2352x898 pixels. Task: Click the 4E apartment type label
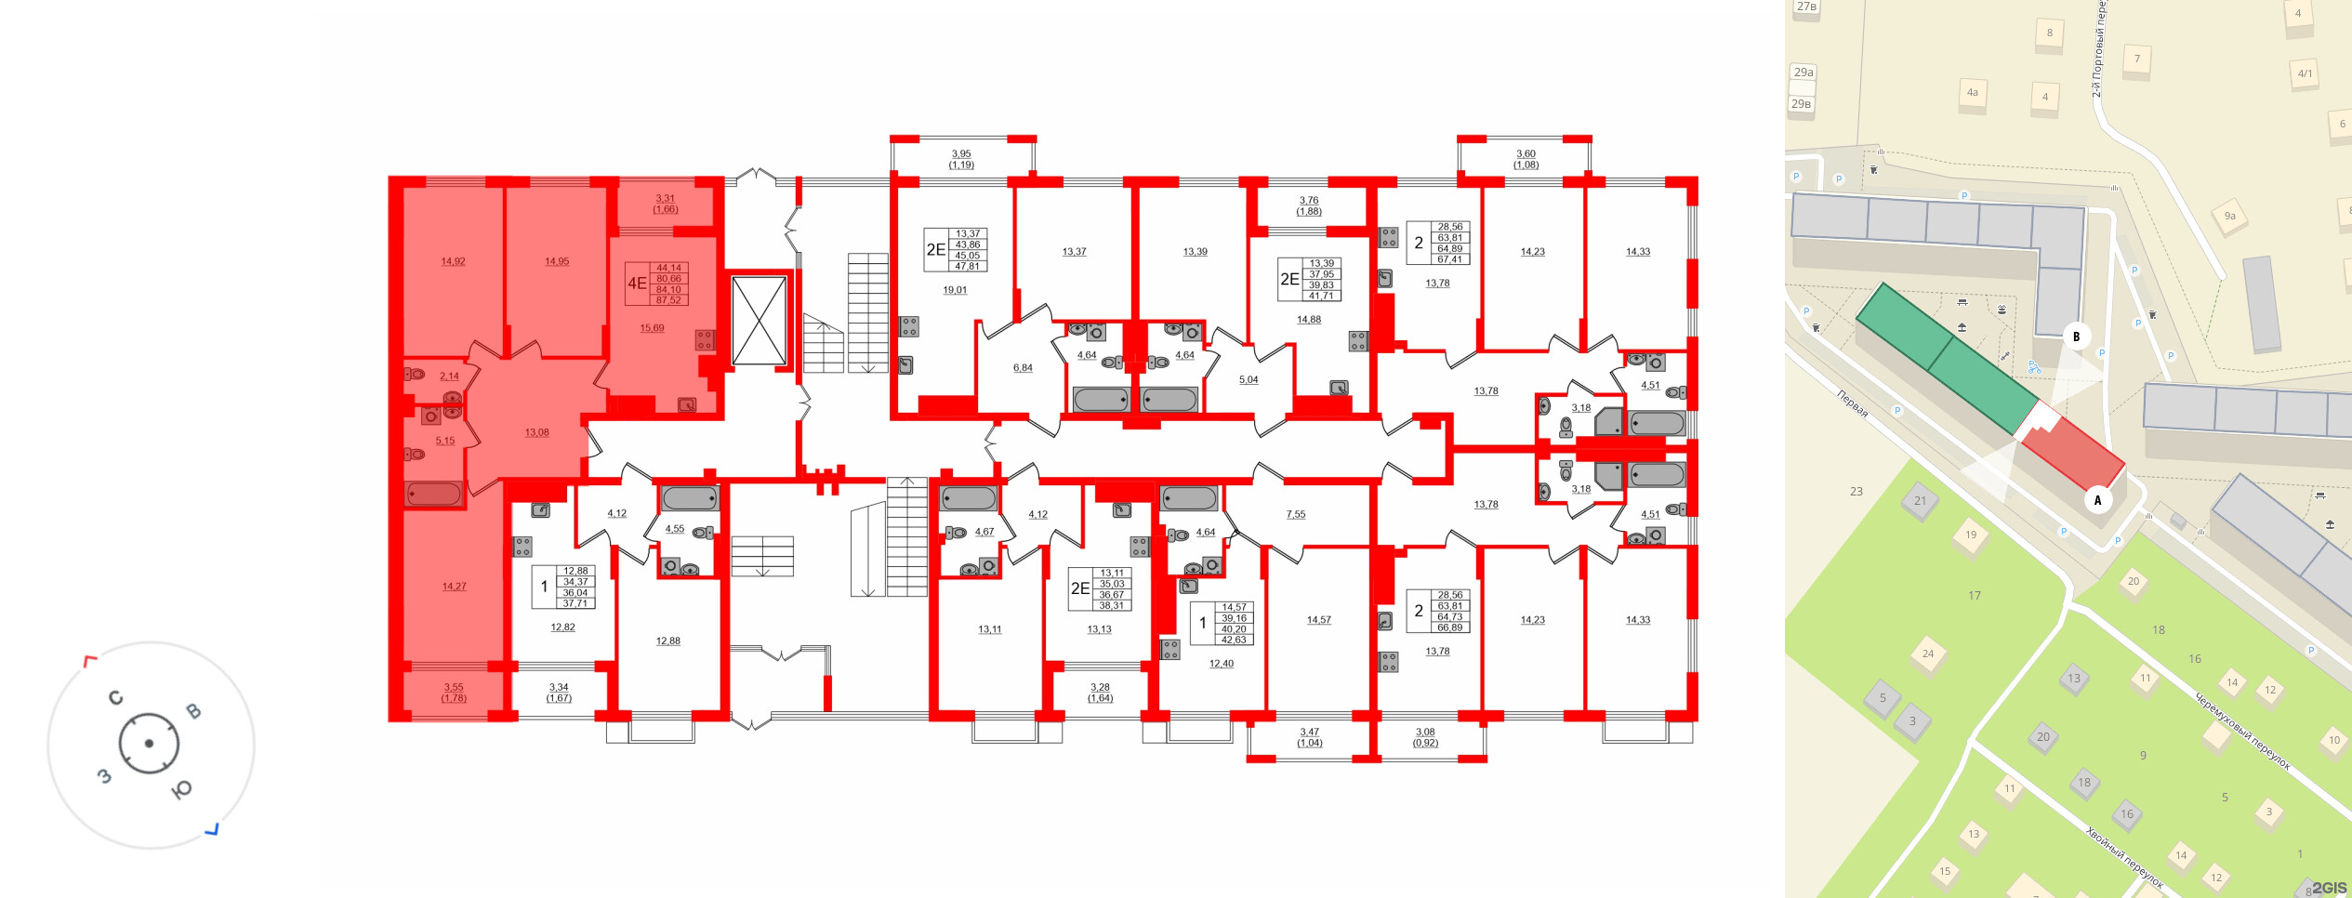(x=637, y=284)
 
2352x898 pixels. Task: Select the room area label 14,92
(x=453, y=261)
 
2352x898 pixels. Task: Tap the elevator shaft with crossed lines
(x=760, y=321)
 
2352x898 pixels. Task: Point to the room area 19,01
(x=955, y=290)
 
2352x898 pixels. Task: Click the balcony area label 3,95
(x=961, y=154)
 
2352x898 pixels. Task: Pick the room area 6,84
(x=1023, y=368)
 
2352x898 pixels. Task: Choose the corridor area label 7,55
(x=1296, y=514)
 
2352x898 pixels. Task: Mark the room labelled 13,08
(x=536, y=432)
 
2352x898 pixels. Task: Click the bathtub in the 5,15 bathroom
(x=434, y=494)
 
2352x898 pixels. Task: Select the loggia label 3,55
(x=454, y=688)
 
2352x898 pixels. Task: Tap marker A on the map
(x=2097, y=500)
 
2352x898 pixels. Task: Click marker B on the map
(x=2076, y=337)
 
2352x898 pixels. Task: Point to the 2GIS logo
(x=2329, y=887)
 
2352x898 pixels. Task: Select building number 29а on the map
(x=1804, y=73)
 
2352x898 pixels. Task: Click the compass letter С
(x=116, y=698)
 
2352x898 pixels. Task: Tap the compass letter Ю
(x=182, y=789)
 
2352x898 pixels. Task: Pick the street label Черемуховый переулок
(x=2242, y=730)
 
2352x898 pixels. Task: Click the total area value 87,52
(x=668, y=300)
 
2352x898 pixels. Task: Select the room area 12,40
(x=1221, y=664)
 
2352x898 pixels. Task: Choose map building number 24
(x=1927, y=654)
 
